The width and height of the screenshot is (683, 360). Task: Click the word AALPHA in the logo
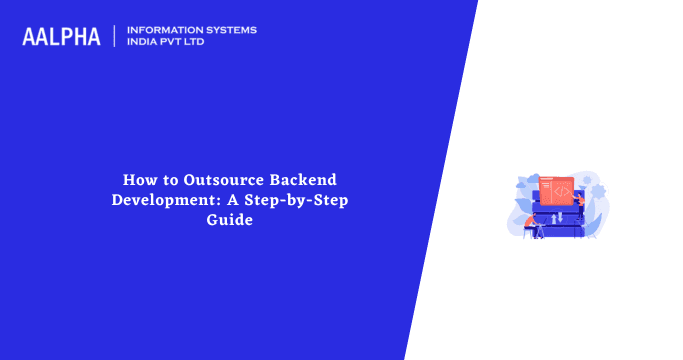61,37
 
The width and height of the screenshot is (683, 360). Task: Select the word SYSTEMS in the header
231,30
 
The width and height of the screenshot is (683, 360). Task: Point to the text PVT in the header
180,43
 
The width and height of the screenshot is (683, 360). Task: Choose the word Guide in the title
230,220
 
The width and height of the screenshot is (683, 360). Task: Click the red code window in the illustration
555,189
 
